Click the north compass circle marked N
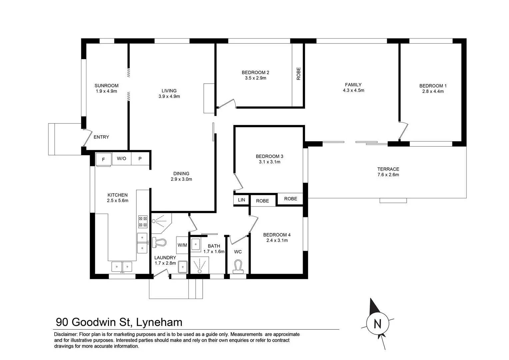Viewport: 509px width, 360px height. coord(377,323)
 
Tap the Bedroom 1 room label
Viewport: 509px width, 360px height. coord(431,86)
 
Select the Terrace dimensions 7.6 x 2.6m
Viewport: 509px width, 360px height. coord(388,175)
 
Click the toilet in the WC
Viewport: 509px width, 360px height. coord(238,267)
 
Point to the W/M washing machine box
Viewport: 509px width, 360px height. coord(182,245)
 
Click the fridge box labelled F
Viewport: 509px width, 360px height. coord(103,159)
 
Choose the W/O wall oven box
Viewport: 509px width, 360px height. coord(121,159)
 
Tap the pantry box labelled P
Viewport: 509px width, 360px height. coord(140,159)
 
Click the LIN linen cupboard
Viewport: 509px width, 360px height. coord(241,200)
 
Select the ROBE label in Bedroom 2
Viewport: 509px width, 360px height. coord(298,74)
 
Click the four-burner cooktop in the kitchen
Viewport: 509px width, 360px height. coord(143,222)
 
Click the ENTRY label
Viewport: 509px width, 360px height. coord(101,137)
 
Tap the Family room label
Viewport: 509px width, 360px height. coord(353,85)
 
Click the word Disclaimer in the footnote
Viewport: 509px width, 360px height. coord(65,334)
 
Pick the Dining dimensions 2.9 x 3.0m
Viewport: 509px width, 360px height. coord(181,179)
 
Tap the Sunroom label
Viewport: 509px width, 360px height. coord(106,86)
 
